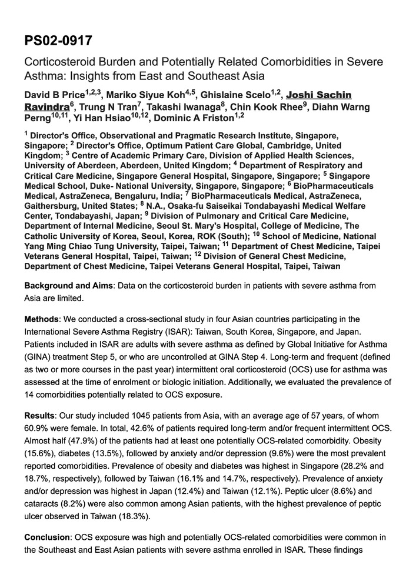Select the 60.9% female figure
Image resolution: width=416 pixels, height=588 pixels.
tap(38, 427)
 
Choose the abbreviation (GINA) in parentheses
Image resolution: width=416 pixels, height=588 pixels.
tap(39, 356)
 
